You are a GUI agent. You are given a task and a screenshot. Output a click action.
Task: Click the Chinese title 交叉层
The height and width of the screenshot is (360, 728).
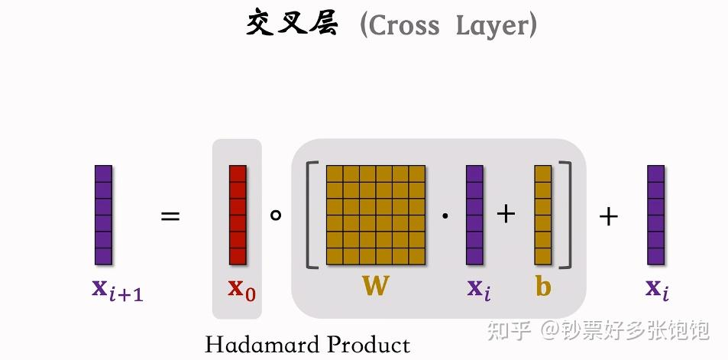(x=291, y=25)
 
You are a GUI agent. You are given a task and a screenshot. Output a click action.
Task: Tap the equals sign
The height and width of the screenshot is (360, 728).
(x=170, y=216)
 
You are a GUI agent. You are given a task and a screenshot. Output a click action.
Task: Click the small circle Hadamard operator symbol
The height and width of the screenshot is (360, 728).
(x=276, y=215)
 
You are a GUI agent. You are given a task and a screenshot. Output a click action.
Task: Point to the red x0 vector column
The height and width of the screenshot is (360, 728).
(x=238, y=215)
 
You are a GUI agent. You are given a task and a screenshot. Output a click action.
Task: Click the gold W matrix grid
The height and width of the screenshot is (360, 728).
(x=375, y=215)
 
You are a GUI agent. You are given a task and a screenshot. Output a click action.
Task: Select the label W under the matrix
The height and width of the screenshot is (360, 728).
(x=375, y=287)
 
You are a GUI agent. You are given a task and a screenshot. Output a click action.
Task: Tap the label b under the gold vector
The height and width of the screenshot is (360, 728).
(x=543, y=287)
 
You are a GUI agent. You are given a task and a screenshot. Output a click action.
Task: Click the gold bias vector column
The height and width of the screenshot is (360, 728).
(x=543, y=215)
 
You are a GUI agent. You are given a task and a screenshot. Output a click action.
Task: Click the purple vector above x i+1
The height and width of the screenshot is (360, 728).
(x=103, y=215)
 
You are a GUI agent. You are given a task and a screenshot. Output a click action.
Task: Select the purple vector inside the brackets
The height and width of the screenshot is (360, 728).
(x=474, y=215)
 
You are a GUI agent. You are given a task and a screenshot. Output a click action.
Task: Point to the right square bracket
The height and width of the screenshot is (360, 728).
(x=565, y=215)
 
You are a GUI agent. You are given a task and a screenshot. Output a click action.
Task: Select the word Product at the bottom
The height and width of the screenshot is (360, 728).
(x=368, y=345)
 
